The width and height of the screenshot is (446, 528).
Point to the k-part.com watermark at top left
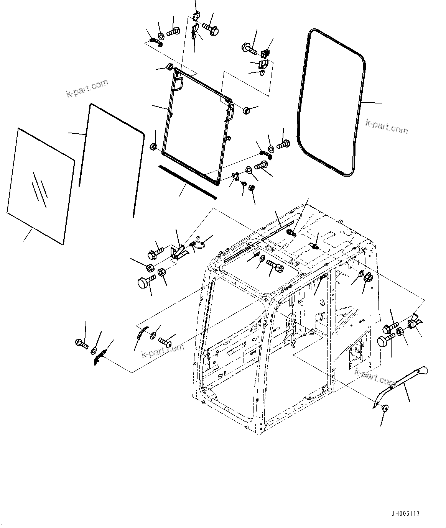click(87, 88)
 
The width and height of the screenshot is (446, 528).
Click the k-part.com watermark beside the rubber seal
click(387, 126)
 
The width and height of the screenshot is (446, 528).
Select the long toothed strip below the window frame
click(188, 182)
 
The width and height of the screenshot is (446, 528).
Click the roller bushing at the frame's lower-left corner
click(153, 147)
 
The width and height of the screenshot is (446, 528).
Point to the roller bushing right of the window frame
click(246, 111)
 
